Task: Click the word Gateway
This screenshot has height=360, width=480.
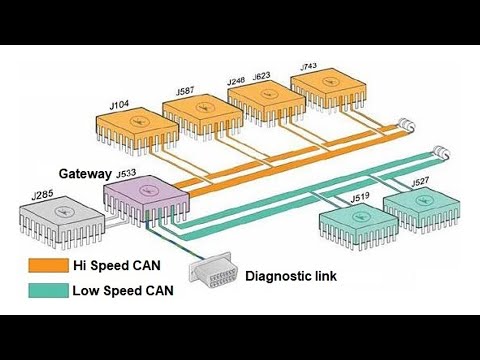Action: pyautogui.click(x=86, y=173)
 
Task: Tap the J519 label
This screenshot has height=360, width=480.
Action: pyautogui.click(x=361, y=198)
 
